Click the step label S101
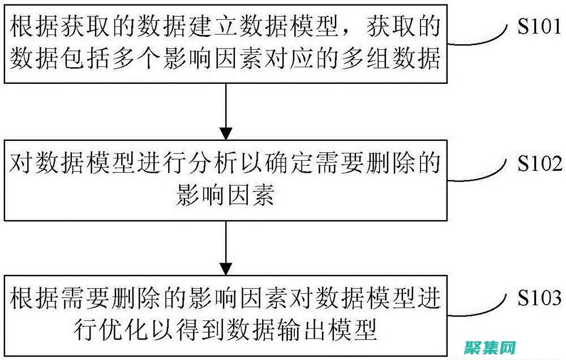539,29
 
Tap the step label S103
539,298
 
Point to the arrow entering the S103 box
226,247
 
